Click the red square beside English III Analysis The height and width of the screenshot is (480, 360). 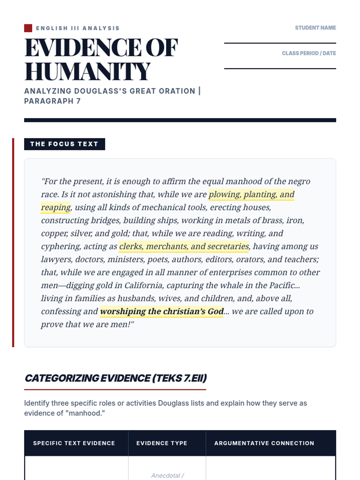point(28,28)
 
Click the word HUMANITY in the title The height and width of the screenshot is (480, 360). point(87,72)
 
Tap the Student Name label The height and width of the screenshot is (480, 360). point(315,28)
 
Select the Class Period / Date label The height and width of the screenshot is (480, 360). point(309,53)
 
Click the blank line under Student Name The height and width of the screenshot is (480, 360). point(280,43)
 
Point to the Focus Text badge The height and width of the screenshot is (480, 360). point(64,144)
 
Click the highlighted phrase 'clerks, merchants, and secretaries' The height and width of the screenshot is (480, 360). point(184,246)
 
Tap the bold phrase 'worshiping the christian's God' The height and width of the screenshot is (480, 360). point(162,311)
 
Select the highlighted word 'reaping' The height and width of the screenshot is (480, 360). point(56,207)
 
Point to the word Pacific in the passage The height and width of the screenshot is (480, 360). point(282,285)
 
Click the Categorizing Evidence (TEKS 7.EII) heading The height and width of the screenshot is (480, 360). point(115,378)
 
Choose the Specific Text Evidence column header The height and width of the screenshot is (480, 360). point(74,443)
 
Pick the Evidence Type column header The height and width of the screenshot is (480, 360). point(162,443)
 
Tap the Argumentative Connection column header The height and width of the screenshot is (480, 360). point(264,443)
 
